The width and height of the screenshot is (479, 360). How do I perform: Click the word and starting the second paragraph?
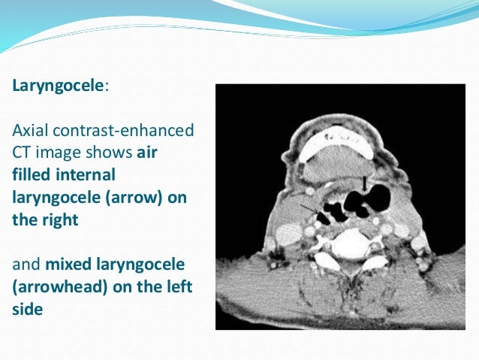[26, 265]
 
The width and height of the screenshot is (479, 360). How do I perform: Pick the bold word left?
[173, 287]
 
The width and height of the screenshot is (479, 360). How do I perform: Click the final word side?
[28, 309]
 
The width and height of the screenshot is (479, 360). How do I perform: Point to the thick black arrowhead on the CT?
[365, 183]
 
